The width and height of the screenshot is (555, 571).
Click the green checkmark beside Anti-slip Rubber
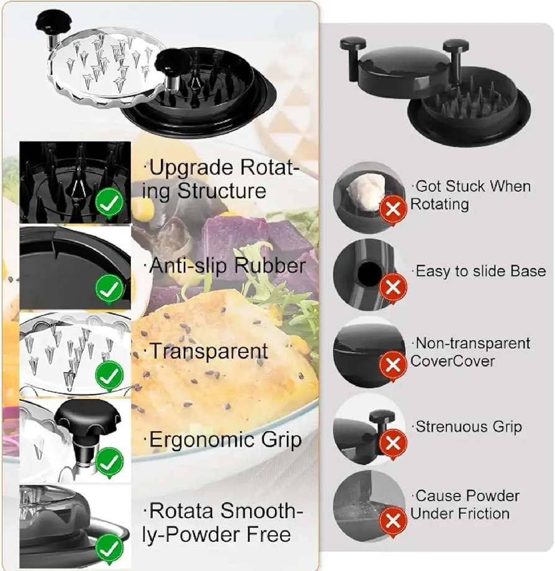[x=109, y=289]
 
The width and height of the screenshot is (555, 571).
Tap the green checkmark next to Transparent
[x=109, y=375]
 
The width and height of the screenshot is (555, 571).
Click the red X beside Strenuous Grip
[x=393, y=444]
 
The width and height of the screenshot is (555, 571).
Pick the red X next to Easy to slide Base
[x=393, y=287]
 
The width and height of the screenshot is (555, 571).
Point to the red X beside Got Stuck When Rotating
[x=393, y=209]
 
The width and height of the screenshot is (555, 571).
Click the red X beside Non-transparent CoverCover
[x=393, y=365]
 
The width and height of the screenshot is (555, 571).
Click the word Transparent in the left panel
[x=209, y=351]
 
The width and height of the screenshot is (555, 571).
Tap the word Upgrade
[x=191, y=168]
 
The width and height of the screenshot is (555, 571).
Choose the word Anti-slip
[x=188, y=265]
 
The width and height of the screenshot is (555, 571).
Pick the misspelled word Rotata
[x=183, y=511]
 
